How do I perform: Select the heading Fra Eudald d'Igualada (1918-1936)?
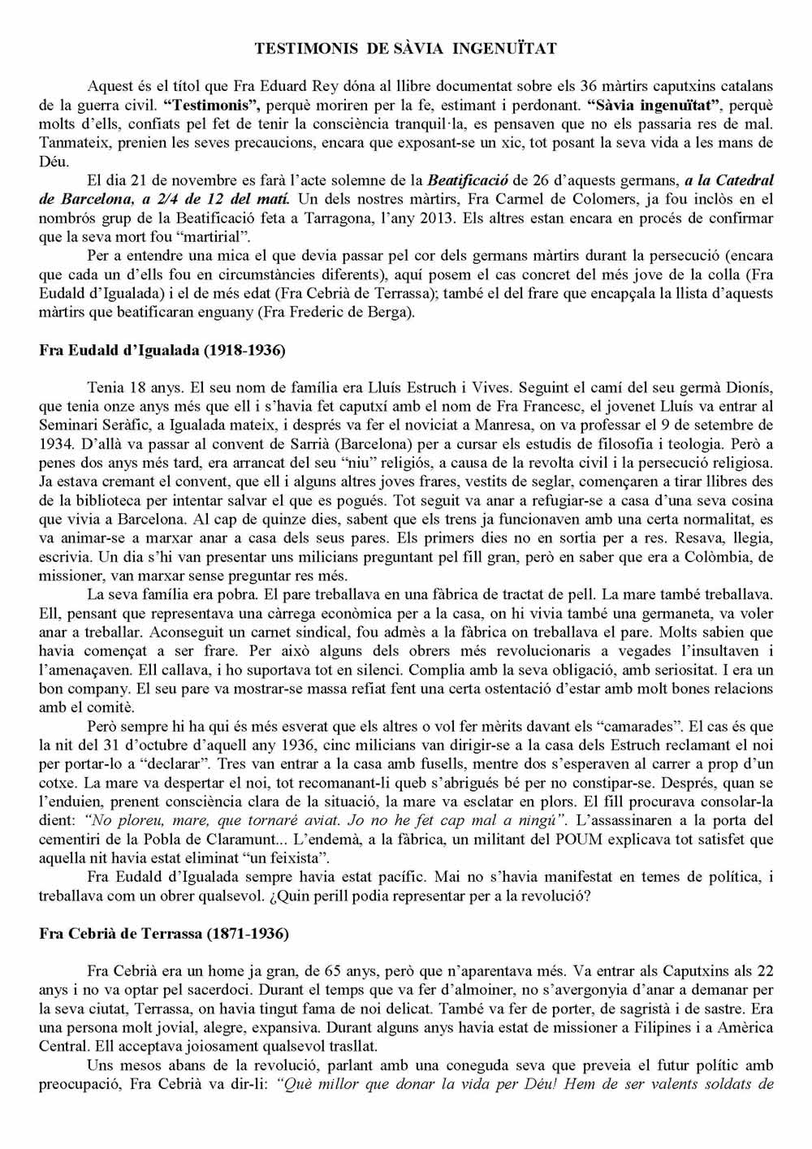coord(162,351)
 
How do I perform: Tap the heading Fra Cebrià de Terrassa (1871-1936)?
coord(163,933)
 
